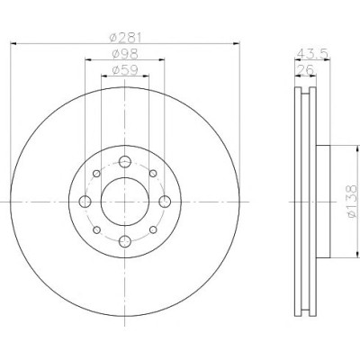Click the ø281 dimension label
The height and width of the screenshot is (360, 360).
click(125, 38)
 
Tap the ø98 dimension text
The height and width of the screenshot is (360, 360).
click(125, 54)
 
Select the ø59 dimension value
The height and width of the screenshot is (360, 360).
click(125, 70)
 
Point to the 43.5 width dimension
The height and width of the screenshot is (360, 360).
click(313, 54)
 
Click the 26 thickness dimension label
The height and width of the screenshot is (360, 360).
click(304, 69)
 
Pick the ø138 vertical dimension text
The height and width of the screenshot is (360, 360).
click(352, 202)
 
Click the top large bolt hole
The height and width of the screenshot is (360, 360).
click(125, 162)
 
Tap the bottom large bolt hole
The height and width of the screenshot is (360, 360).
click(125, 241)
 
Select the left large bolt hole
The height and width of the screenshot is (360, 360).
click(85, 202)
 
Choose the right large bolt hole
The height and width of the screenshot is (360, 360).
click(165, 202)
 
